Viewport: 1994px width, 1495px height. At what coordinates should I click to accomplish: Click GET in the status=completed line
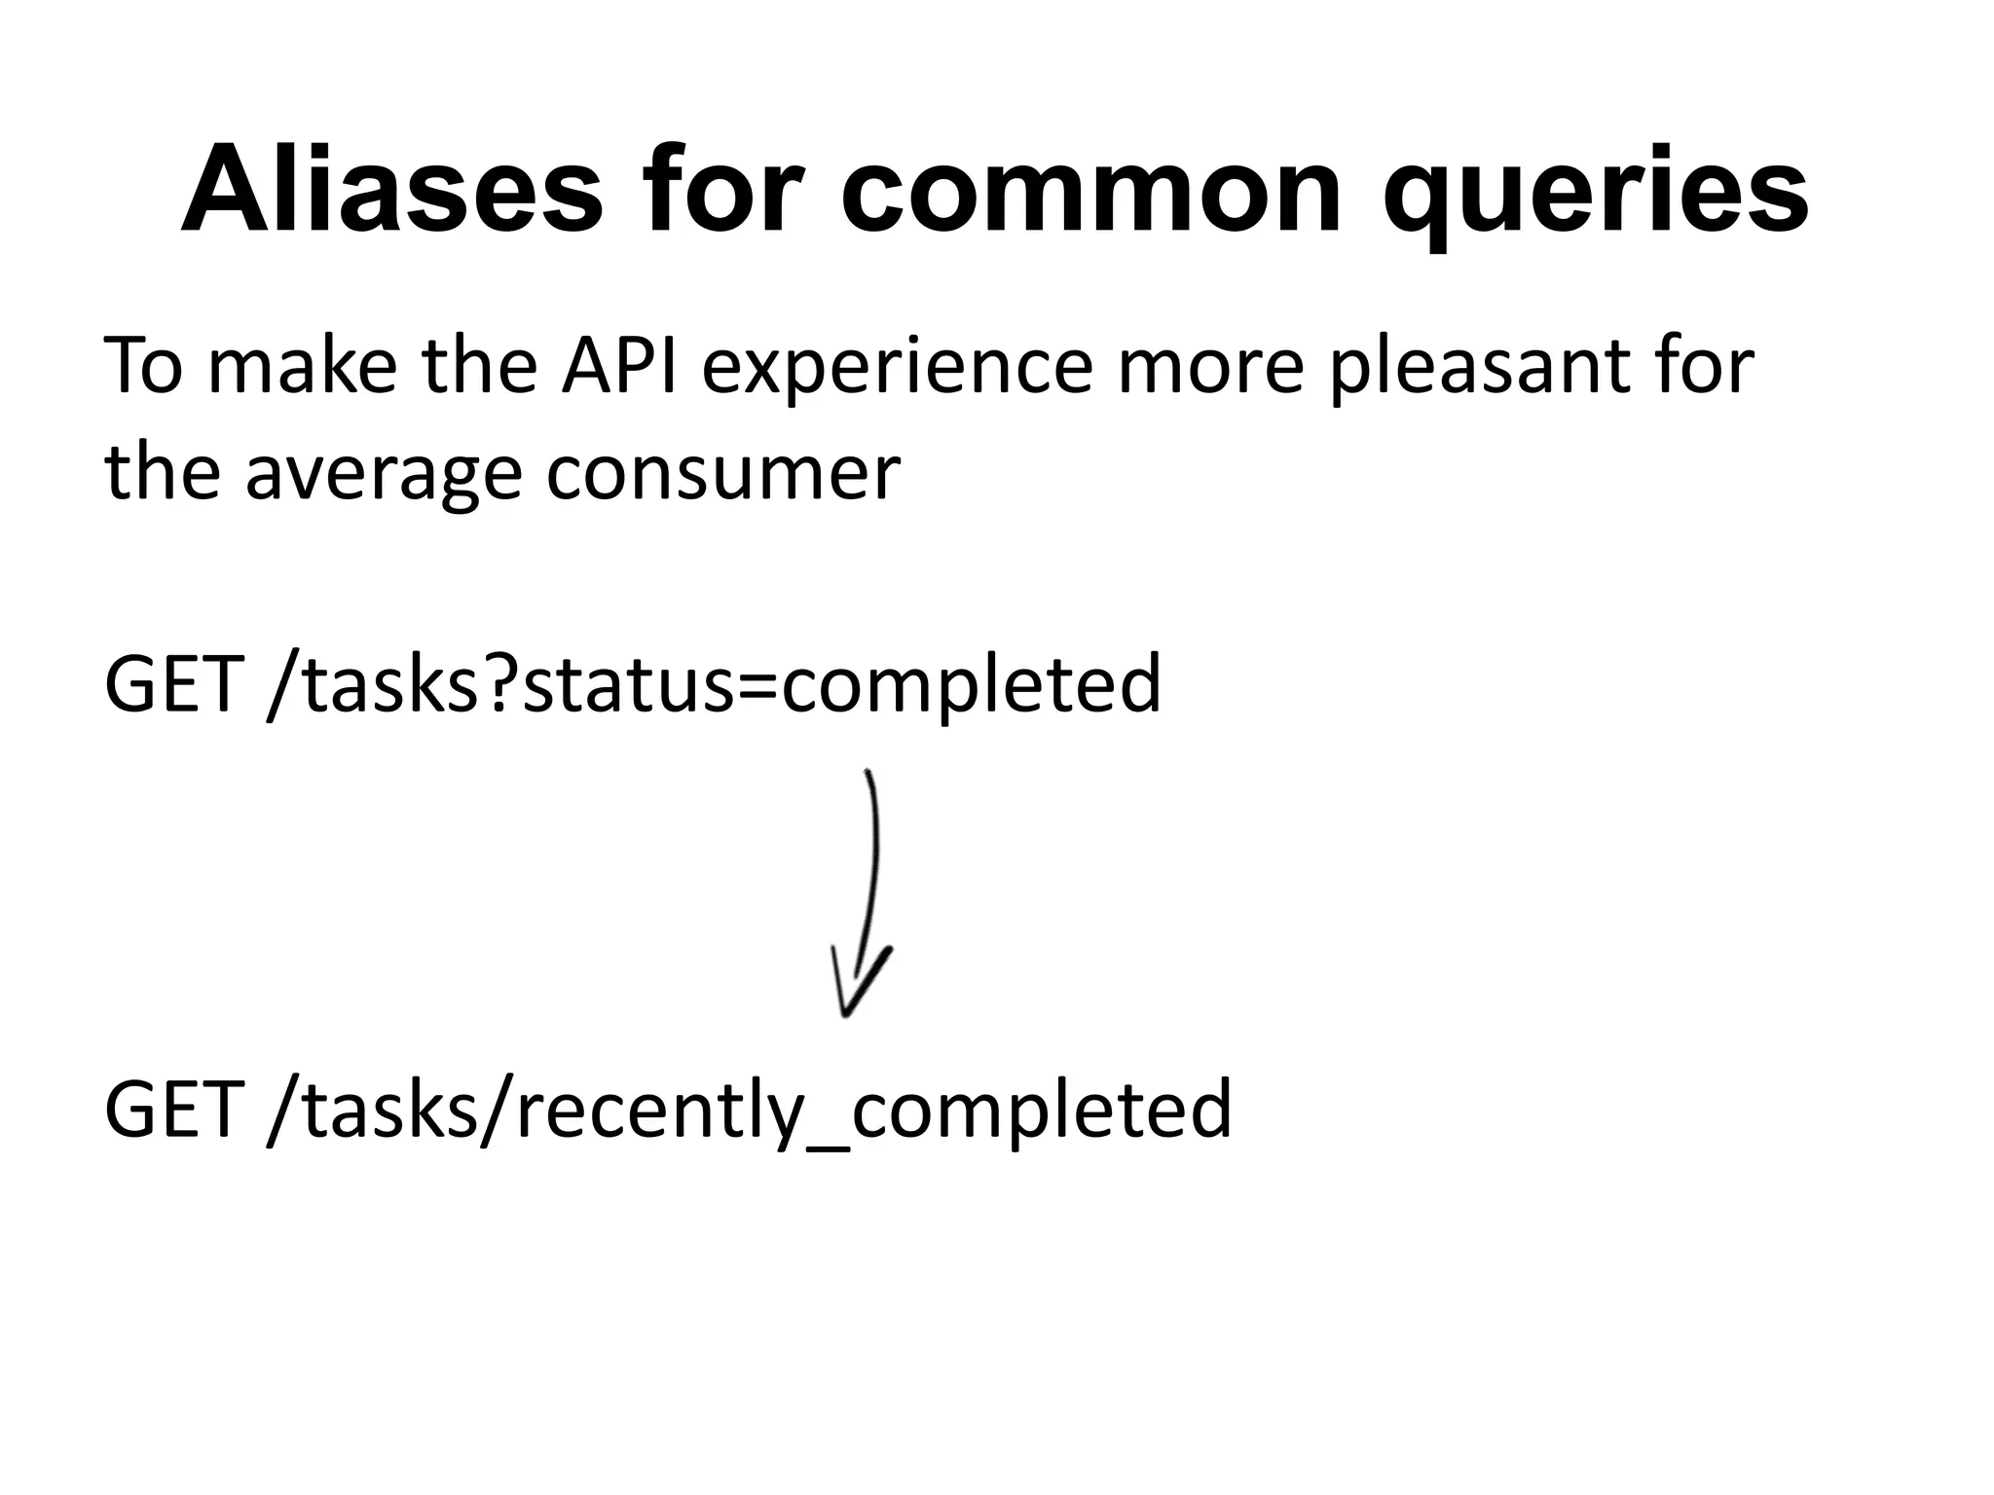[x=172, y=684]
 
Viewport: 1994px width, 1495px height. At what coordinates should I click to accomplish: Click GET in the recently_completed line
[x=172, y=1109]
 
